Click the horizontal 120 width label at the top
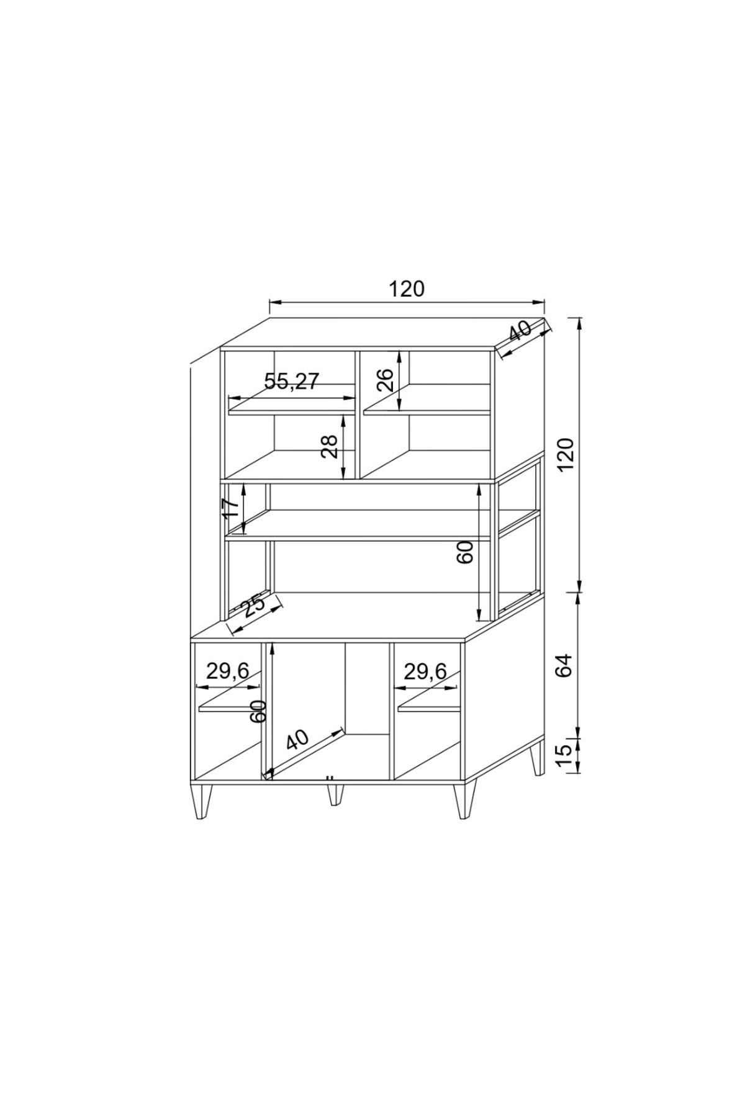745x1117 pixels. pyautogui.click(x=407, y=289)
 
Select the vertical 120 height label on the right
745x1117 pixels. pyautogui.click(x=566, y=454)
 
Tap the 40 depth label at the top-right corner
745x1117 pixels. pyautogui.click(x=520, y=331)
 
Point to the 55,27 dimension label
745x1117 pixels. pyautogui.click(x=291, y=381)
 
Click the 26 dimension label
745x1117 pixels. pyautogui.click(x=385, y=380)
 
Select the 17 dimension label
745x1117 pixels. pyautogui.click(x=230, y=508)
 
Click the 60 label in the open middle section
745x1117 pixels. pyautogui.click(x=465, y=552)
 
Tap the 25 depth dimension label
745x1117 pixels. pyautogui.click(x=253, y=606)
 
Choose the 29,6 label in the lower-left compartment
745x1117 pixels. pyautogui.click(x=228, y=670)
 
